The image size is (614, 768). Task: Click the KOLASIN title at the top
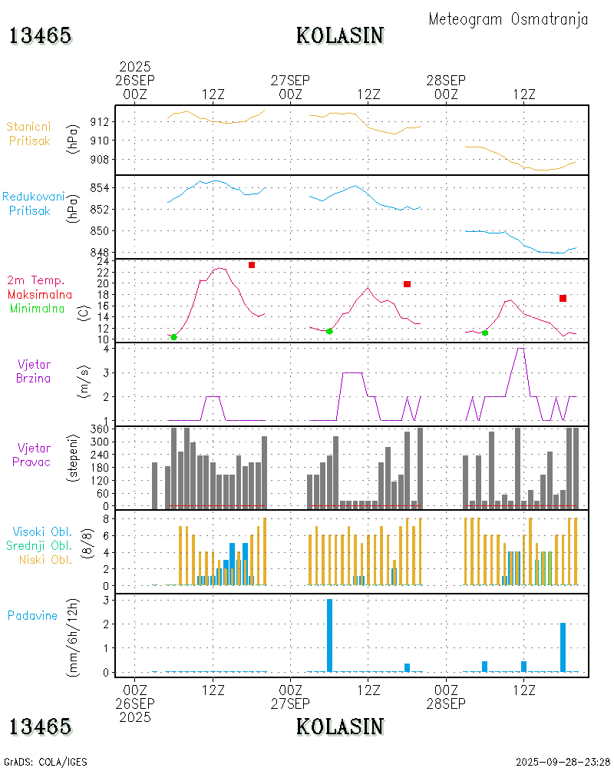click(340, 35)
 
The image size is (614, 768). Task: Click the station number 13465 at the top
click(40, 35)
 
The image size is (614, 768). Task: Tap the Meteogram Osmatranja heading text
click(508, 19)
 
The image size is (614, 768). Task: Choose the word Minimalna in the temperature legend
click(38, 308)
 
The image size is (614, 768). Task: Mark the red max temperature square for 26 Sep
click(251, 265)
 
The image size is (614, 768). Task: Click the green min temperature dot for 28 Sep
click(485, 333)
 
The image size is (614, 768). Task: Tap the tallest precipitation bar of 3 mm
click(329, 635)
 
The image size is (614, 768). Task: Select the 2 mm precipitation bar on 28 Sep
click(563, 647)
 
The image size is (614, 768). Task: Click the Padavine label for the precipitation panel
click(32, 615)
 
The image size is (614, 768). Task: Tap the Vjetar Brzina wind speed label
click(33, 371)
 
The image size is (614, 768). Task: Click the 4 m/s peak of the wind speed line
click(521, 349)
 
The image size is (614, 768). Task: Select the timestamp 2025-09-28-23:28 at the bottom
click(563, 762)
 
